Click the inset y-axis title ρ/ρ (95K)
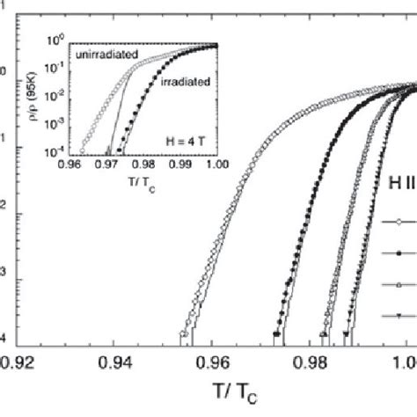click(x=35, y=95)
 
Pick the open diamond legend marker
click(x=398, y=223)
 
